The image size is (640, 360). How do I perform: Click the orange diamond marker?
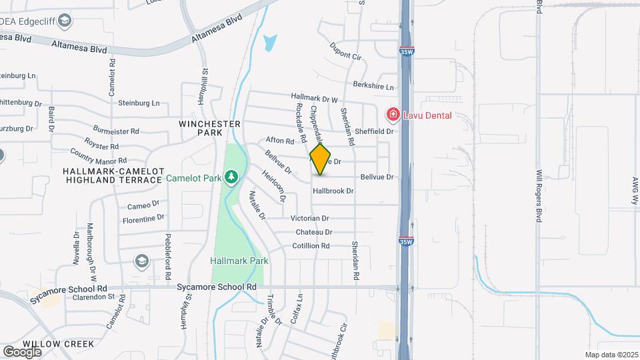coord(321,159)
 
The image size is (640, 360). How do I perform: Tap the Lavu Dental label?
coord(427,115)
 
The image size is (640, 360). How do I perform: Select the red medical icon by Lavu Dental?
coord(393,115)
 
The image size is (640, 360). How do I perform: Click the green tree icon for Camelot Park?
coord(231,177)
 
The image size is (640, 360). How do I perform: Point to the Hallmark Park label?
coord(239,261)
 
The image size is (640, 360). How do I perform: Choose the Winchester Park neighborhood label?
coord(209,129)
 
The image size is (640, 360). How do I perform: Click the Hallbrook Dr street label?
coord(333,191)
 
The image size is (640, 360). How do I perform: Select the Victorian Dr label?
coord(310,218)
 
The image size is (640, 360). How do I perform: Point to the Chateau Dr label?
coord(314,232)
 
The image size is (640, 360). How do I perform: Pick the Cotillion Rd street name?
coord(311,246)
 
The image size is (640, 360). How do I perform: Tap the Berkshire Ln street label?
coord(373,87)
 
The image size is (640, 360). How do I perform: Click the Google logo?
coord(22,351)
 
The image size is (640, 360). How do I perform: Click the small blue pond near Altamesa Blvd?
coord(269,43)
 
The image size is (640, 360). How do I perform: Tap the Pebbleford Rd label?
coord(169,253)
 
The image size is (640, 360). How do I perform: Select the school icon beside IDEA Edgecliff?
coord(65,21)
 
